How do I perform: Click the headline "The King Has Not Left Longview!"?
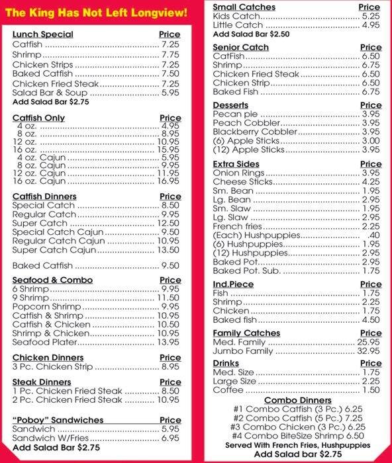(97, 13)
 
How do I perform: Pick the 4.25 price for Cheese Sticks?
(371, 181)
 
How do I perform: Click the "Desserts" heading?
(230, 105)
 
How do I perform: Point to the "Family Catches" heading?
(246, 333)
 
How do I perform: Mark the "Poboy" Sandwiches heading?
(58, 420)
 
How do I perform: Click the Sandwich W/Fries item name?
(48, 438)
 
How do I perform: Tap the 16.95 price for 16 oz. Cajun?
(170, 181)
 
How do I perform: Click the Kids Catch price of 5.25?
(371, 16)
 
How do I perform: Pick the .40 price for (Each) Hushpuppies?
(373, 235)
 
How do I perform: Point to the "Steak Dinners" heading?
(41, 382)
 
